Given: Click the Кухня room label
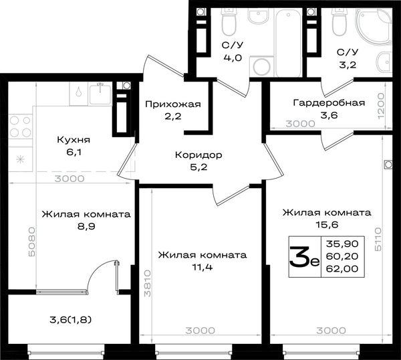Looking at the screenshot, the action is (74, 140).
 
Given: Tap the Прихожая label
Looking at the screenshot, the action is (173, 104).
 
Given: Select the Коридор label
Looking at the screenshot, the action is (198, 155).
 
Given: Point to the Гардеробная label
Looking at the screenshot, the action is (329, 103).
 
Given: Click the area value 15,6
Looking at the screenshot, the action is (327, 225).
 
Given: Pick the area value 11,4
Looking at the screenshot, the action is (202, 267).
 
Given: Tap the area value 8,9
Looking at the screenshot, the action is (86, 227).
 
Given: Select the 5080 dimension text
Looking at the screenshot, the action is (32, 242).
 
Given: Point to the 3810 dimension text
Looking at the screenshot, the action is (148, 283).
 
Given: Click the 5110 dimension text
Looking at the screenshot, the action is (378, 239).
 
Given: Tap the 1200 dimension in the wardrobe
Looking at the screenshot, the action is (381, 106).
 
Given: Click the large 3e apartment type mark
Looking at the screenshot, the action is (304, 257).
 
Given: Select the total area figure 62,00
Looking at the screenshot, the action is (342, 269).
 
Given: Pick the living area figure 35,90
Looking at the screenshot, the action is (342, 244).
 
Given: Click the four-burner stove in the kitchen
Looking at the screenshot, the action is (21, 126).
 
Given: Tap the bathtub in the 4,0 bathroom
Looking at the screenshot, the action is (289, 43).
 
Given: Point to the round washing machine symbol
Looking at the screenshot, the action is (261, 66).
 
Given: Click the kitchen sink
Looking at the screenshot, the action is (100, 94).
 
